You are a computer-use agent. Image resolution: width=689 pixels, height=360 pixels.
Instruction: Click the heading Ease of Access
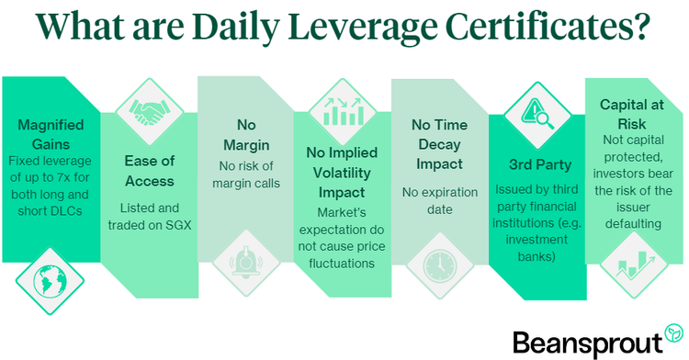(x=150, y=170)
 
